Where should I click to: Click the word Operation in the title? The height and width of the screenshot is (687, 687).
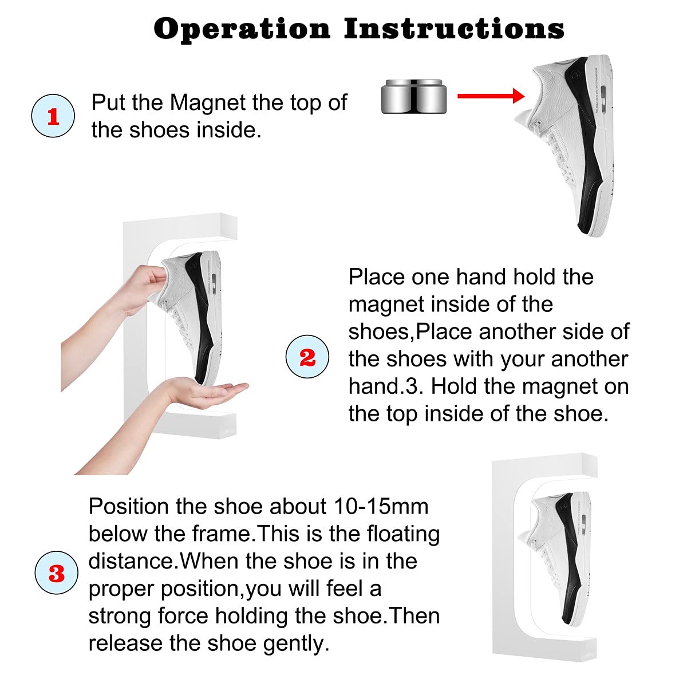(x=242, y=30)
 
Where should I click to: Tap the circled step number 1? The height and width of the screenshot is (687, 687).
(x=53, y=116)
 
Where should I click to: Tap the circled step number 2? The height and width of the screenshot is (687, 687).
(x=307, y=357)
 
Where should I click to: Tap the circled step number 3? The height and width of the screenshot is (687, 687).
(x=56, y=572)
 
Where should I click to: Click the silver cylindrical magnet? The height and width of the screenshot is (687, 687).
(x=413, y=96)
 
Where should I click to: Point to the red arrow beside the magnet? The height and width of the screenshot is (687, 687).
(x=491, y=96)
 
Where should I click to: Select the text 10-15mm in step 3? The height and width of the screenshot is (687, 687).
(x=381, y=507)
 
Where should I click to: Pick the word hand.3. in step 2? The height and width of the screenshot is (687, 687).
(x=386, y=386)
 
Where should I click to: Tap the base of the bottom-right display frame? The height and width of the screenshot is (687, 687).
(x=544, y=648)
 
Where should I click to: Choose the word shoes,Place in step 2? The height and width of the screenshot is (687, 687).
(x=410, y=332)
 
